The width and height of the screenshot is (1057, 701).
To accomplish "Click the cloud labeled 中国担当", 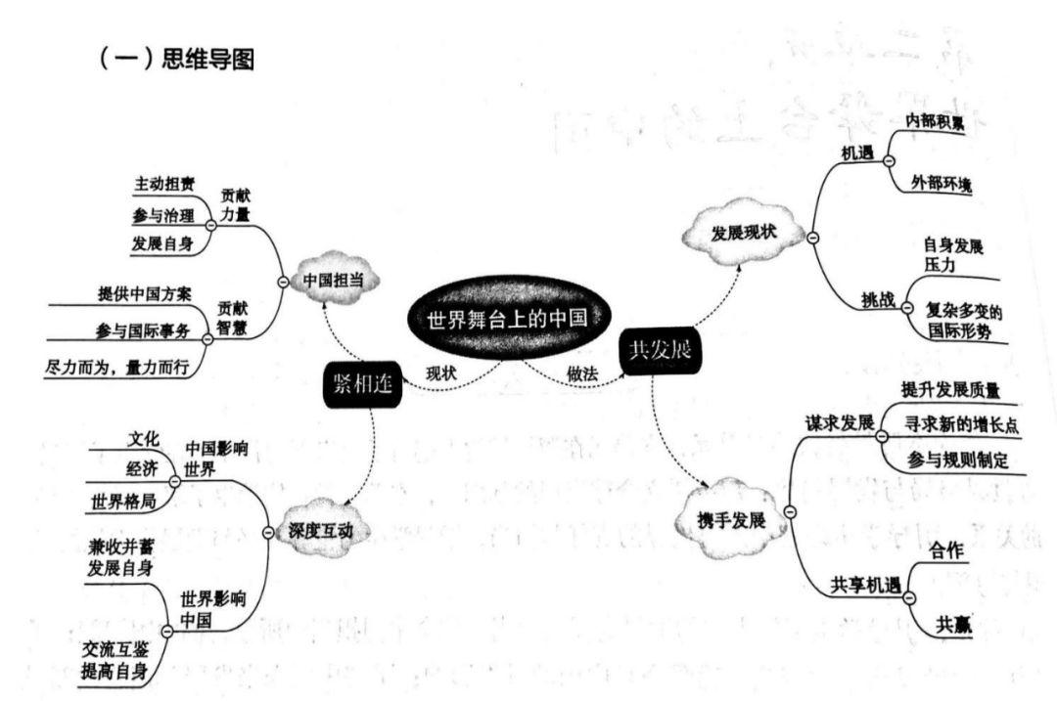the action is click(x=334, y=280).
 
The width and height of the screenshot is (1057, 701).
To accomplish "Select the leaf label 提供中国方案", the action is click(x=145, y=293).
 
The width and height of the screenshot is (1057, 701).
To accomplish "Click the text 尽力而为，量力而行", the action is click(x=116, y=368).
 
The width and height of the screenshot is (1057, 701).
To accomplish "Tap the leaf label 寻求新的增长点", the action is click(x=952, y=423).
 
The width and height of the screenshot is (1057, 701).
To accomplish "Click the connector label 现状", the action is click(x=441, y=373).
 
